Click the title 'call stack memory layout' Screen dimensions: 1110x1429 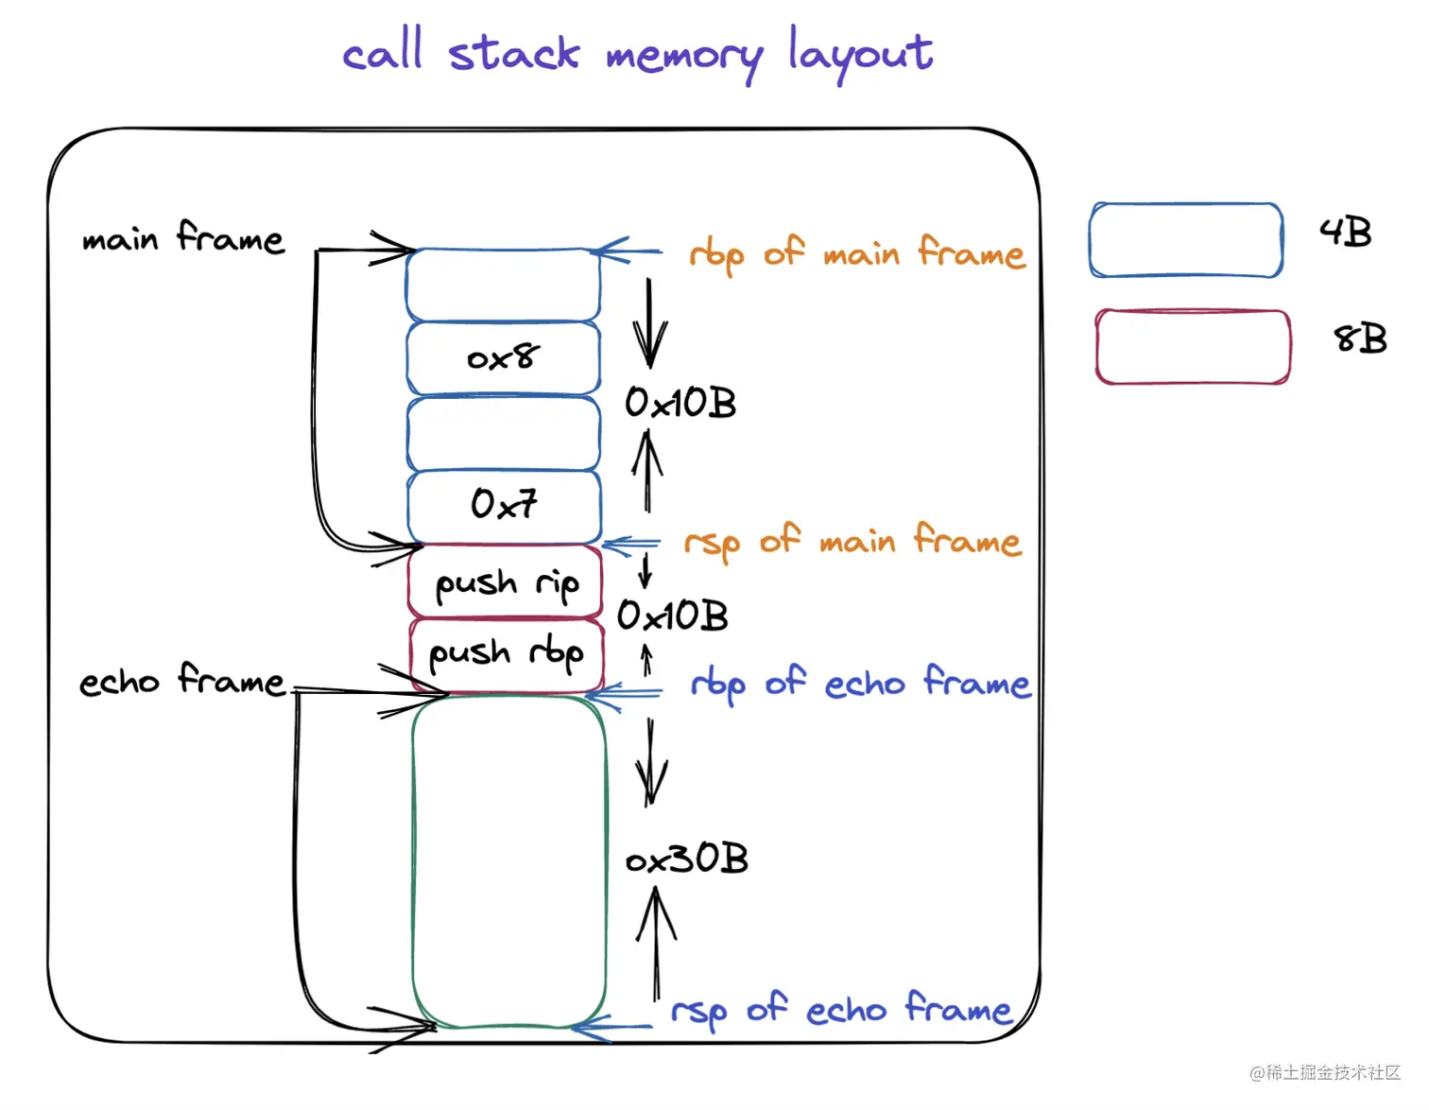pyautogui.click(x=638, y=54)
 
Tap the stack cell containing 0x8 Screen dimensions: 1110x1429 pyautogui.click(x=503, y=357)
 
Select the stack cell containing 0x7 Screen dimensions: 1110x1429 pyautogui.click(x=504, y=505)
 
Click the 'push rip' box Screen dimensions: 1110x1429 pyautogui.click(x=506, y=582)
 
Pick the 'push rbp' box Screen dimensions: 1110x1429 pyautogui.click(x=506, y=654)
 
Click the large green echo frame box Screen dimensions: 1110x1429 pyautogui.click(x=508, y=860)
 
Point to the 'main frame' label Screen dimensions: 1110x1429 pyautogui.click(x=182, y=237)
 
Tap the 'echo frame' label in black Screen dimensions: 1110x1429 pyautogui.click(x=181, y=680)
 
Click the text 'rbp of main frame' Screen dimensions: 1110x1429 pyautogui.click(x=856, y=253)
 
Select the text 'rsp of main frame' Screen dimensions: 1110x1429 pyautogui.click(x=852, y=542)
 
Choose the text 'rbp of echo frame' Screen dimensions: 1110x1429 pyautogui.click(x=860, y=683)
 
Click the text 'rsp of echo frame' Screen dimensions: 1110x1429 pyautogui.click(x=841, y=1009)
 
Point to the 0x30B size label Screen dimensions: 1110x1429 pyautogui.click(x=687, y=859)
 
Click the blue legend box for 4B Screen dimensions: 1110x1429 pyautogui.click(x=1186, y=240)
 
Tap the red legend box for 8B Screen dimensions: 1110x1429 pyautogui.click(x=1193, y=346)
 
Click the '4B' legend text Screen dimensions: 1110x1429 pyautogui.click(x=1345, y=232)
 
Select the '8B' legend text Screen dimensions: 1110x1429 pyautogui.click(x=1360, y=338)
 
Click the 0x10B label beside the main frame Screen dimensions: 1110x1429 pyautogui.click(x=680, y=404)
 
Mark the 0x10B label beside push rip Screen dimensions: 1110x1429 pyautogui.click(x=673, y=616)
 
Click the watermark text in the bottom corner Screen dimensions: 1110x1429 pyautogui.click(x=1325, y=1071)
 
